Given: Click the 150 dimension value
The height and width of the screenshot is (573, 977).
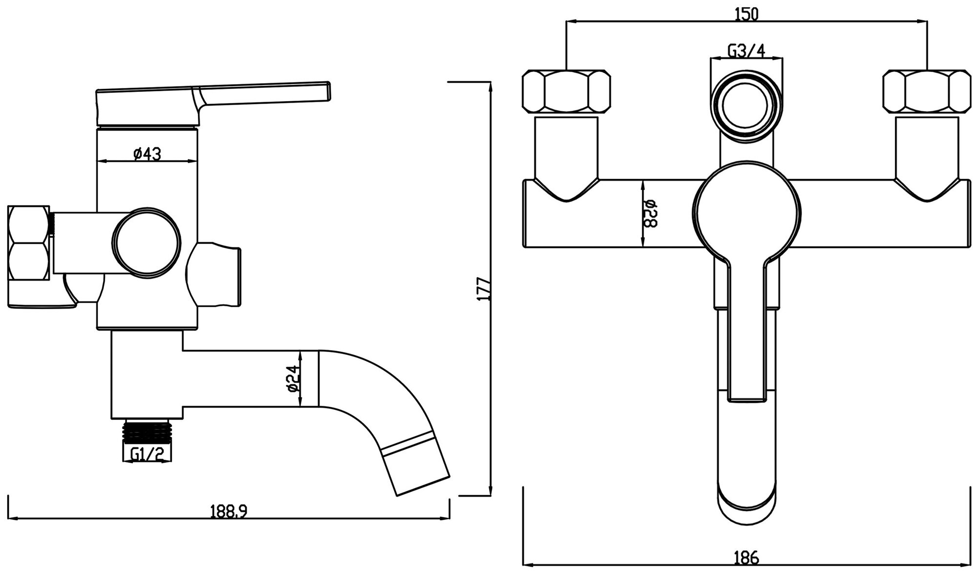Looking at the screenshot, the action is (x=746, y=15).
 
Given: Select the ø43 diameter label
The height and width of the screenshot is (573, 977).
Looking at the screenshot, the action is (x=147, y=154).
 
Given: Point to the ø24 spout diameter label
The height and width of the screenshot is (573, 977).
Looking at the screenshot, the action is (x=293, y=379).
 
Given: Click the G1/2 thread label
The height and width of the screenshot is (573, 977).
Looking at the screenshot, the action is (x=147, y=455).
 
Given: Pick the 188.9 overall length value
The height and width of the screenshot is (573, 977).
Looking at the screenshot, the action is (x=229, y=511).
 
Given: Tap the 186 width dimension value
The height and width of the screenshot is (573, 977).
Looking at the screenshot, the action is (x=746, y=557).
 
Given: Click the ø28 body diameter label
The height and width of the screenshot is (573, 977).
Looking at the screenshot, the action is (x=651, y=214).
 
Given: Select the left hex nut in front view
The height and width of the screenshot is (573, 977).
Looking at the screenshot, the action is (x=567, y=91).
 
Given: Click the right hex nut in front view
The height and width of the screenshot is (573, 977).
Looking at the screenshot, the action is (x=927, y=91).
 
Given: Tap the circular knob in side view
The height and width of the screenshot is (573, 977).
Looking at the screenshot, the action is (x=147, y=242).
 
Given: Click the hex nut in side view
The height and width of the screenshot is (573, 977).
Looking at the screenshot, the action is (x=29, y=243).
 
